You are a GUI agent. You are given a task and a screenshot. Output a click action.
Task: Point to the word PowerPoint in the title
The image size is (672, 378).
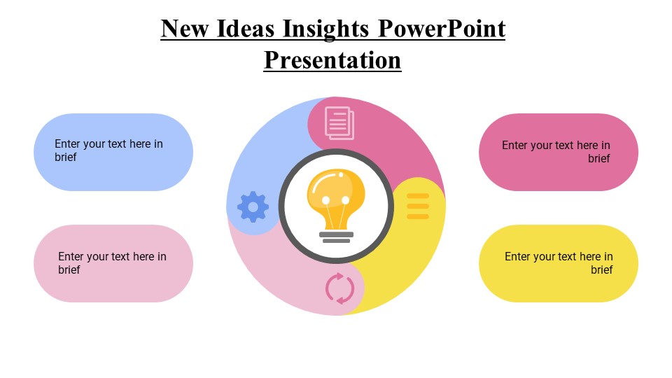pyautogui.click(x=442, y=29)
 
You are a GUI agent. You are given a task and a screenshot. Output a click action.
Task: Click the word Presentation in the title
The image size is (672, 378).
pyautogui.click(x=332, y=60)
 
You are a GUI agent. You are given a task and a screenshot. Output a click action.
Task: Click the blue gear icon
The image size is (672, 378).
pyautogui.click(x=253, y=206)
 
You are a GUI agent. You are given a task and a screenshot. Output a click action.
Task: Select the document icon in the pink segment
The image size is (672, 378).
pyautogui.click(x=339, y=122)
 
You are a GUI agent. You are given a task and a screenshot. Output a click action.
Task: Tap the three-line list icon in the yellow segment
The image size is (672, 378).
pyautogui.click(x=418, y=206)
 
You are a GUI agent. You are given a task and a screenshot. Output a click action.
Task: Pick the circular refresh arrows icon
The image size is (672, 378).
pyautogui.click(x=340, y=288)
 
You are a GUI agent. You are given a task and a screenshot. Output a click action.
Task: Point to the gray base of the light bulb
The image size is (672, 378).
pyautogui.click(x=336, y=237)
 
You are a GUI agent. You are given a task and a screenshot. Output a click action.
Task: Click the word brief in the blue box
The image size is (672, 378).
pyautogui.click(x=66, y=157)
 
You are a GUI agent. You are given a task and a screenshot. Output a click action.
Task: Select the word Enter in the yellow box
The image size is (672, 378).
pyautogui.click(x=519, y=257)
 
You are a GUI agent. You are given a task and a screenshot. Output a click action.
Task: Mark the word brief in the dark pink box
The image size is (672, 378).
pyautogui.click(x=598, y=159)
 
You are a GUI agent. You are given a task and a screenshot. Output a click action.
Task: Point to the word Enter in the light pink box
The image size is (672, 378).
pyautogui.click(x=72, y=257)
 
